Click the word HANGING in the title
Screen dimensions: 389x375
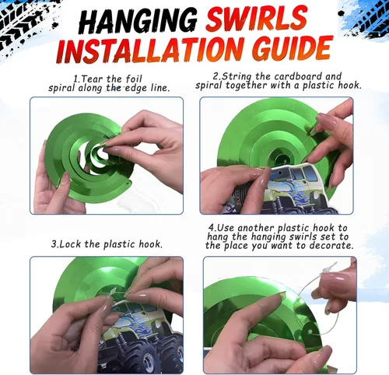point(138,20)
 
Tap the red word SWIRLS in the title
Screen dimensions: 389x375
point(257,19)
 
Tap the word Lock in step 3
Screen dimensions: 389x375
point(70,244)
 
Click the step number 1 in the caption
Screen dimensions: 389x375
point(76,79)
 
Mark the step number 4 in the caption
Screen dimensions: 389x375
point(212,228)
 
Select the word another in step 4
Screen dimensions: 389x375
point(255,228)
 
